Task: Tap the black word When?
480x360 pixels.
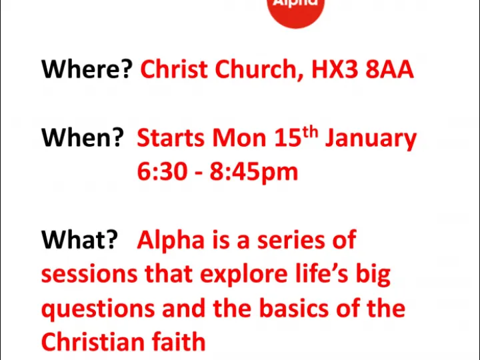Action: [x=83, y=138]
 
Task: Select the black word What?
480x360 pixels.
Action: [x=80, y=240]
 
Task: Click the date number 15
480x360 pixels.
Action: [x=288, y=138]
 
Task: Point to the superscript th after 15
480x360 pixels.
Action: [x=311, y=132]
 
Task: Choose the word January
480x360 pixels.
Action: [x=371, y=139]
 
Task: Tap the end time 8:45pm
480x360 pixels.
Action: [x=254, y=173]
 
